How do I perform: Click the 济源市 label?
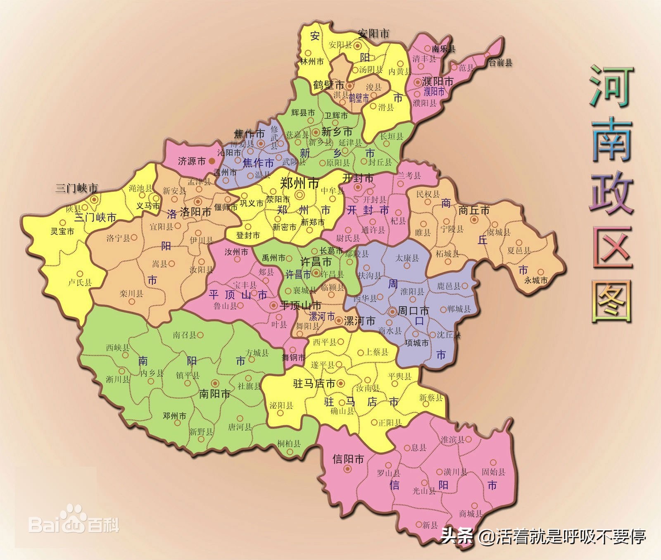[191, 161]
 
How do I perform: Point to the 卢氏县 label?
[80, 283]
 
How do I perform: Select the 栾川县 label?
[131, 294]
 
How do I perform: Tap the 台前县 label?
[500, 63]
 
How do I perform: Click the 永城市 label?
[536, 280]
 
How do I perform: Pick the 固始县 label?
[493, 472]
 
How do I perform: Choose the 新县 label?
[430, 525]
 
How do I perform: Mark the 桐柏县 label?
[289, 444]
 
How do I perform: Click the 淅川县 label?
[118, 379]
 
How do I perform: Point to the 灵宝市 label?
[62, 231]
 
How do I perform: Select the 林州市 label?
[312, 62]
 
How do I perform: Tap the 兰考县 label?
[409, 176]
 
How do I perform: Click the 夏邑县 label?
[518, 250]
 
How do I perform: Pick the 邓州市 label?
[174, 416]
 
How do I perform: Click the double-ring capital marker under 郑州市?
[300, 195]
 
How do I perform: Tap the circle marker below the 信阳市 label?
[348, 469]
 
